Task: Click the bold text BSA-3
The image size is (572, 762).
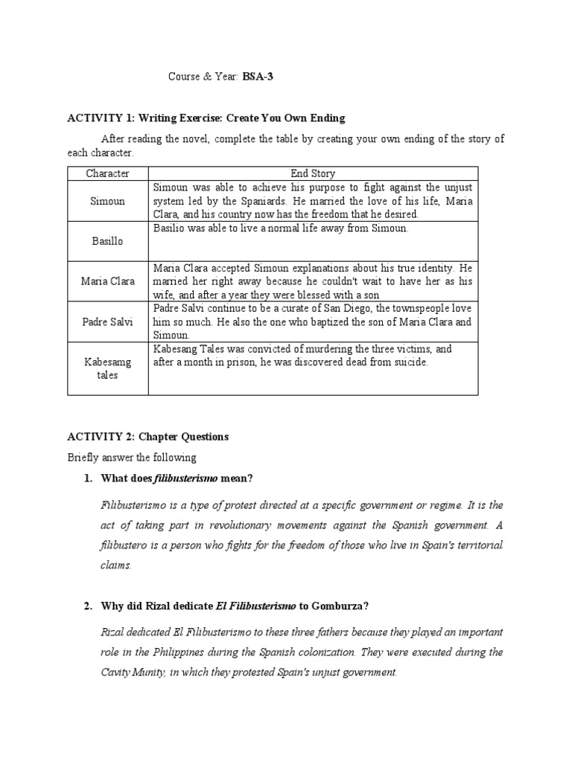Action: tap(258, 77)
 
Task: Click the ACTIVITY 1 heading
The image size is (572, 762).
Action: tap(206, 118)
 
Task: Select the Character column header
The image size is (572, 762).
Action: tap(107, 173)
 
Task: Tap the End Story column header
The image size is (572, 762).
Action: tap(313, 173)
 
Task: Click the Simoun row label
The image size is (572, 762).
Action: tap(107, 201)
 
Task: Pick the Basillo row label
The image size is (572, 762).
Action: tap(107, 241)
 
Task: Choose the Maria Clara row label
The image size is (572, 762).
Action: tap(107, 281)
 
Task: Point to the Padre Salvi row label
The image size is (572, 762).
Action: tap(107, 321)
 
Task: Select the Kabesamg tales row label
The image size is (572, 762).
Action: tap(107, 368)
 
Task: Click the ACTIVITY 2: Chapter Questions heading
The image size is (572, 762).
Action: tap(148, 437)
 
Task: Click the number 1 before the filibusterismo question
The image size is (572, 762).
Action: tap(87, 478)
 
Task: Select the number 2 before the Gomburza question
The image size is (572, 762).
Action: tap(87, 606)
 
